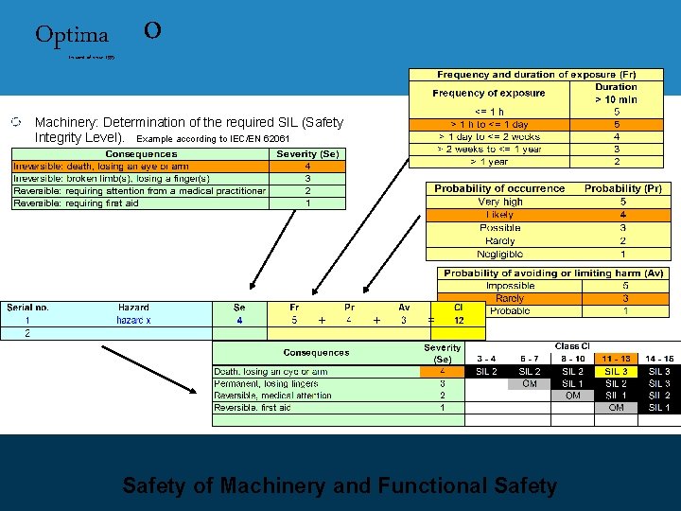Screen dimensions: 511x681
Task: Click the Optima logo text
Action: coord(72,35)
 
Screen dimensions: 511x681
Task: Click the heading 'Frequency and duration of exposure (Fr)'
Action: coord(536,74)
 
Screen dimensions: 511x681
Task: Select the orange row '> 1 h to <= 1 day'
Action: coord(489,124)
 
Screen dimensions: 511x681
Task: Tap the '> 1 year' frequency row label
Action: coord(489,161)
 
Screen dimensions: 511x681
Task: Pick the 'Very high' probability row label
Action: coord(500,202)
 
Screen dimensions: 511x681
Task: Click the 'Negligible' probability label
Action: coord(500,254)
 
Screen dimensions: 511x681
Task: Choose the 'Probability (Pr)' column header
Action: coord(622,188)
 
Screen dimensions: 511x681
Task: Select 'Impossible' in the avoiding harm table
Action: coord(510,286)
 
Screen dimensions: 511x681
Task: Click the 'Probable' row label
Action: coord(510,311)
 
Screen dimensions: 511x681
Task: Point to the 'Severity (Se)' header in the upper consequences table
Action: coord(308,153)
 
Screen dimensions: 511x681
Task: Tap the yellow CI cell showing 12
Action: coord(458,320)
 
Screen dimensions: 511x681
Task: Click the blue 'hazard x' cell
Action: coord(133,321)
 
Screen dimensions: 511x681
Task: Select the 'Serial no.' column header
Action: coord(28,307)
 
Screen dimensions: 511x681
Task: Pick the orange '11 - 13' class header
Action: coord(616,359)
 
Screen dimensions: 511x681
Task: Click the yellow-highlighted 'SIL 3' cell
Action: coord(616,372)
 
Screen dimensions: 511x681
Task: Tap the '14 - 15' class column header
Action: coord(659,359)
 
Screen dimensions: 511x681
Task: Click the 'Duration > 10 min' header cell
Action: coord(616,93)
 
